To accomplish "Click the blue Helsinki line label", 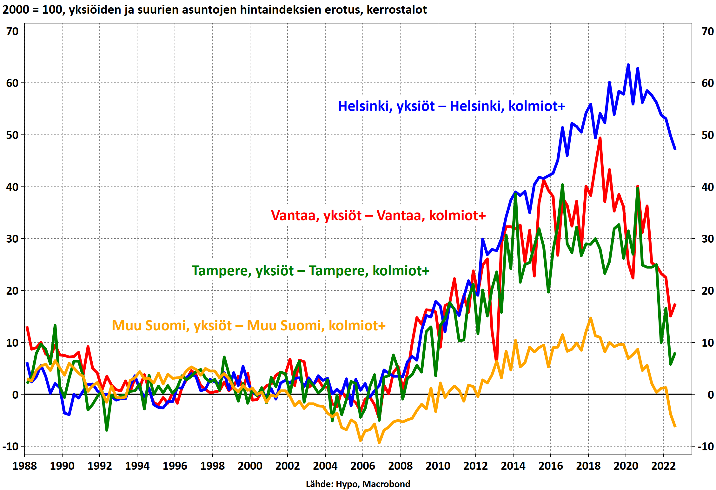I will pos(451,106).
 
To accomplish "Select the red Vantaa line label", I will pos(378,216).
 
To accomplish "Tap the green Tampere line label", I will pos(310,271).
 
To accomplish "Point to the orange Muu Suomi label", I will pos(249,326).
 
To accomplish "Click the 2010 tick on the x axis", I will pos(438,466).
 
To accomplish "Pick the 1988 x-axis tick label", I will pos(24,466).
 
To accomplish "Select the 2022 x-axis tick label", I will pos(663,466).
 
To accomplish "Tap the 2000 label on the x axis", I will pos(250,466).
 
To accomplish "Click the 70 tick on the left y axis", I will pos(13,31).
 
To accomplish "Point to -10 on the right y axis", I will pos(706,447).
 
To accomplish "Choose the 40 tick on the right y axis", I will pos(707,187).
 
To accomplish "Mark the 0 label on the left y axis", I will pos(15,395).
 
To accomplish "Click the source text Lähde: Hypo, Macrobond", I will pos(358,484).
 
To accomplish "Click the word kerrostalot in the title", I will pos(397,10).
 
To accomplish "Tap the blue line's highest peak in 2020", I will pos(628,65).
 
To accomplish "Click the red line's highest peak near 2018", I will pos(600,138).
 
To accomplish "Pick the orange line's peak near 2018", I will pos(591,318).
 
